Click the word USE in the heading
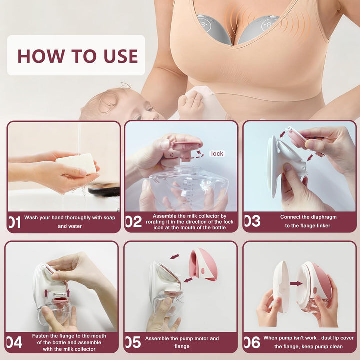tap(121, 56)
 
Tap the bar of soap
tap(76, 163)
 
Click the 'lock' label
tap(217, 154)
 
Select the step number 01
tap(14, 222)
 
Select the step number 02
tap(134, 222)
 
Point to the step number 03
tap(252, 221)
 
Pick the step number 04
tap(14, 342)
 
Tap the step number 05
tap(133, 342)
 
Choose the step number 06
tap(252, 342)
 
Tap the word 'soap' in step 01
tap(109, 218)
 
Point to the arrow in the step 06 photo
tap(296, 284)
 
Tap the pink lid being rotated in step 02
tap(186, 149)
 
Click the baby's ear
tap(107, 103)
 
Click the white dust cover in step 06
tap(281, 286)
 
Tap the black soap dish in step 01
tap(104, 189)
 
